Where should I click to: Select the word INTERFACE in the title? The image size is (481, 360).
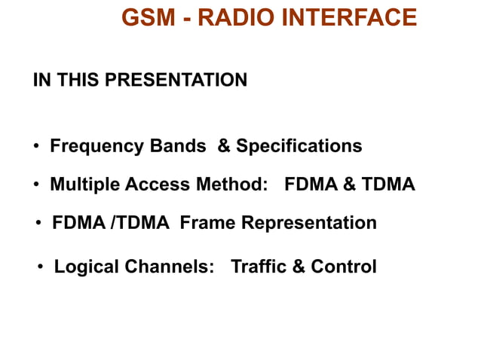[x=348, y=17]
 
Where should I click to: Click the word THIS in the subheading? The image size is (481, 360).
[x=78, y=80]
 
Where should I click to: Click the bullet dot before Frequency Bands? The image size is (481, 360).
[x=36, y=146]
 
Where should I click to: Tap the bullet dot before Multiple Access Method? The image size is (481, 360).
[x=36, y=185]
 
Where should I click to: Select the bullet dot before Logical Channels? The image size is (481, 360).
[x=41, y=267]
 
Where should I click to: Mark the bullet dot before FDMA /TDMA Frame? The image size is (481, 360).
[x=39, y=224]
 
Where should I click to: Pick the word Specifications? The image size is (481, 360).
[x=299, y=146]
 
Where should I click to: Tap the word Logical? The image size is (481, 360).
[x=86, y=267]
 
